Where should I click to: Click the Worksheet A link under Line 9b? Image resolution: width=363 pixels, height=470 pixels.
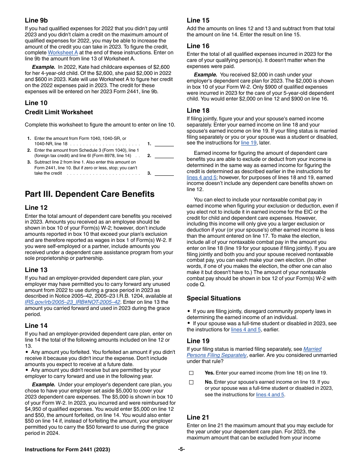(x=63, y=53)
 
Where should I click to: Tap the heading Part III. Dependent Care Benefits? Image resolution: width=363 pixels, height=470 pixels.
(x=90, y=194)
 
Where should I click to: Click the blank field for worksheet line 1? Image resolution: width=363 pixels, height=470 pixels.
(x=164, y=144)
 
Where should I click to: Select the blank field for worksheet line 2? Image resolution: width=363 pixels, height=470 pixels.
(x=164, y=156)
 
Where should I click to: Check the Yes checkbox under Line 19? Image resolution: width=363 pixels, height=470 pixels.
(x=191, y=373)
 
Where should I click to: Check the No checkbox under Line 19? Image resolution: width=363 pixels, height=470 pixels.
(x=191, y=382)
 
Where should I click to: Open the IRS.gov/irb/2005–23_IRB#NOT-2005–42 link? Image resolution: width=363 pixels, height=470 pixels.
(x=73, y=302)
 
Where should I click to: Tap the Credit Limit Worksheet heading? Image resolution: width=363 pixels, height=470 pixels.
(x=59, y=112)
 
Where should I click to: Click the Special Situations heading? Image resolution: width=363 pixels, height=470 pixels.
(x=214, y=298)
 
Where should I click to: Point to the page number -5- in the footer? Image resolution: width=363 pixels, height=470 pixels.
(x=181, y=449)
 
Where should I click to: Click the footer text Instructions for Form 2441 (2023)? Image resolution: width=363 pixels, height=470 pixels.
(x=67, y=449)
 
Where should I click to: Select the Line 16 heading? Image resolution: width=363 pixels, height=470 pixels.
(x=198, y=46)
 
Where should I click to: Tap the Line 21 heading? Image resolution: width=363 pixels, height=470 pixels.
(x=198, y=417)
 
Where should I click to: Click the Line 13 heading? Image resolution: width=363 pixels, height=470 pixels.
(x=36, y=270)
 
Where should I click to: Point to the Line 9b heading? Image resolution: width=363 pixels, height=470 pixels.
(x=36, y=21)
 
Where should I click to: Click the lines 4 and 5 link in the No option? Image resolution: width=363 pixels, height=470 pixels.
(x=270, y=395)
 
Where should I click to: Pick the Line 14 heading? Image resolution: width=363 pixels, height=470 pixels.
(x=36, y=326)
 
